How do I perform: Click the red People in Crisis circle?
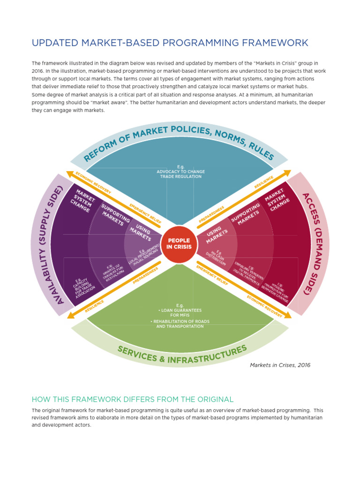coord(179,243)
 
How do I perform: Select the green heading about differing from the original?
coord(132,399)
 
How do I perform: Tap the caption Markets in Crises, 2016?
coord(280,365)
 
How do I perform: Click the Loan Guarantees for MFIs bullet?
coord(180,312)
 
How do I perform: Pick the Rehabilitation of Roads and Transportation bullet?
coord(180,323)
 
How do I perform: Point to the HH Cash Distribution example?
coord(217,258)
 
